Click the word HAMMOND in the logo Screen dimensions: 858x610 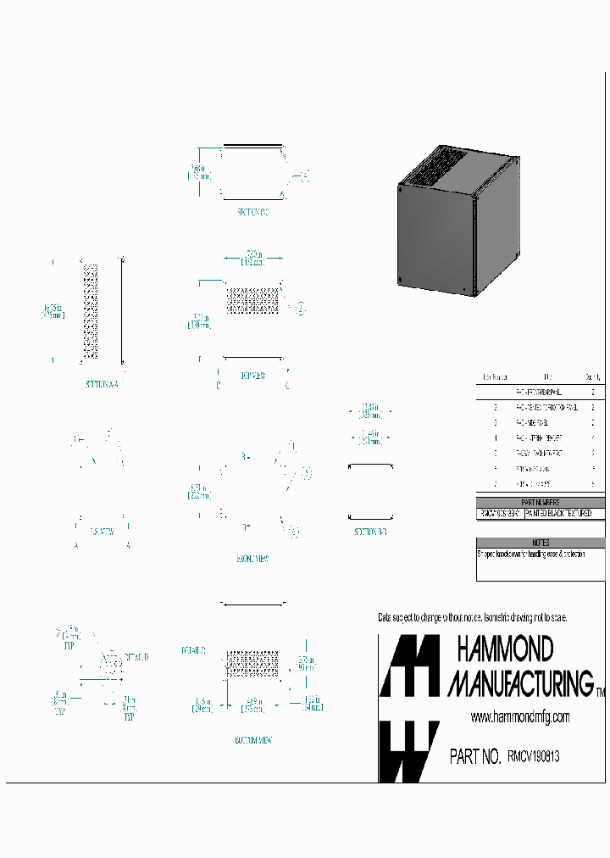[x=505, y=650]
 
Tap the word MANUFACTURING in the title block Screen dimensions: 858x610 [x=520, y=682]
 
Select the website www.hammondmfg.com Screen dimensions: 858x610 [x=519, y=717]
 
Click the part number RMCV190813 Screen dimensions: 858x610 [x=533, y=756]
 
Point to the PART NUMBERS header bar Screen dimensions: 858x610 [x=541, y=503]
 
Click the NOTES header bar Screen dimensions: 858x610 [x=541, y=543]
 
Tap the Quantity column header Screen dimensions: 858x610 [x=593, y=377]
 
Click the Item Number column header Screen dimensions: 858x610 [x=495, y=377]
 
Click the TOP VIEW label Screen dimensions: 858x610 [x=253, y=375]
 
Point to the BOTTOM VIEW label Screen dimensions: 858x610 [x=252, y=740]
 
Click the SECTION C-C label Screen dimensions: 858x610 [x=252, y=212]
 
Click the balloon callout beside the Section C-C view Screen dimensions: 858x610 [x=306, y=177]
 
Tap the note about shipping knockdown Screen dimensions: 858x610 [x=531, y=554]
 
